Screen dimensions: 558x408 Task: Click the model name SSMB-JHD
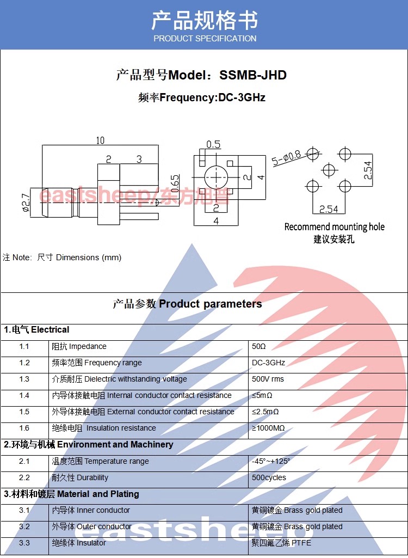(252, 75)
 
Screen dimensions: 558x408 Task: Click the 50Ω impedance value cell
(259, 347)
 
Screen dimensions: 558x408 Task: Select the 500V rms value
(268, 379)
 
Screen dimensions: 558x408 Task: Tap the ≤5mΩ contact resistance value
(262, 396)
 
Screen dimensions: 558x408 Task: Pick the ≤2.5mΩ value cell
(265, 412)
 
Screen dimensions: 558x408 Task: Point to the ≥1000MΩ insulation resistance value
(268, 428)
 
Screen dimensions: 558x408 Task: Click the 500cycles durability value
(269, 478)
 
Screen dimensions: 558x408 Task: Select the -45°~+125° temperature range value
(271, 462)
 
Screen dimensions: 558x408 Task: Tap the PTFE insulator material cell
(281, 543)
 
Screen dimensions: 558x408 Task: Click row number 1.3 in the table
(24, 379)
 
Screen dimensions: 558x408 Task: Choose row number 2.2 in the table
(24, 478)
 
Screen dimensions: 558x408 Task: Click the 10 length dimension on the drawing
(100, 140)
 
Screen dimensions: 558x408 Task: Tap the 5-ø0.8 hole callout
(287, 158)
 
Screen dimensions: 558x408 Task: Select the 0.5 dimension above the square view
(213, 145)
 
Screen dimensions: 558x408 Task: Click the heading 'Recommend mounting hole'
(334, 227)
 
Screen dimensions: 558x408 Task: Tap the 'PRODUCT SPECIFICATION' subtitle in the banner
(205, 39)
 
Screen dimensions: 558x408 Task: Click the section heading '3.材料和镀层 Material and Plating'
(72, 494)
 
